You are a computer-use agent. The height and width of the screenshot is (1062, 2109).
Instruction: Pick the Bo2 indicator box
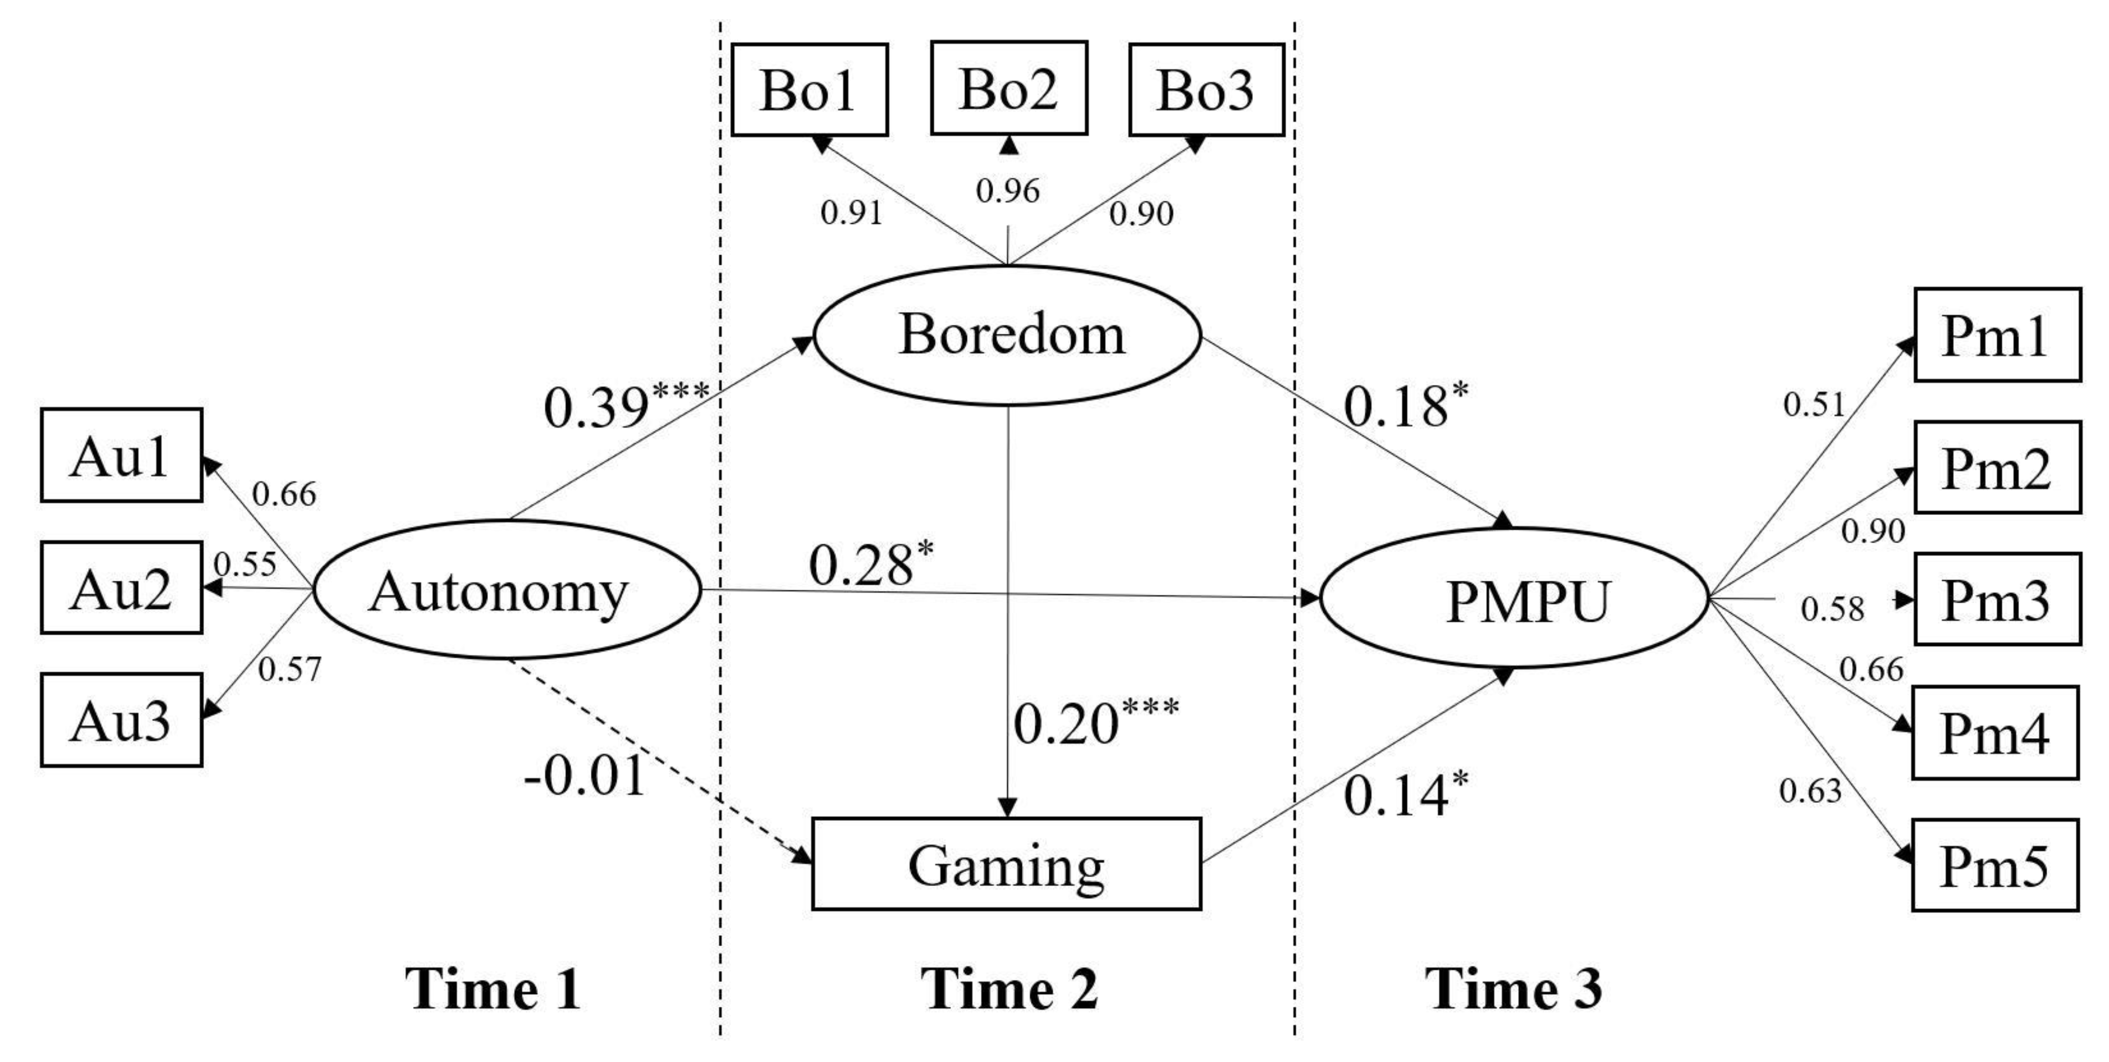pyautogui.click(x=1008, y=88)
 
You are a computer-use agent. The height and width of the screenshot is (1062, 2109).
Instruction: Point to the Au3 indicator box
pyautogui.click(x=121, y=721)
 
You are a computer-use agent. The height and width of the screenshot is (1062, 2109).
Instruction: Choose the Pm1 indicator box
pyautogui.click(x=1997, y=335)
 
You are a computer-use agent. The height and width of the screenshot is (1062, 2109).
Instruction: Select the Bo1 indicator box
pyautogui.click(x=809, y=89)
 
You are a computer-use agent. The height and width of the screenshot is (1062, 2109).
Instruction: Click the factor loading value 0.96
pyautogui.click(x=1008, y=191)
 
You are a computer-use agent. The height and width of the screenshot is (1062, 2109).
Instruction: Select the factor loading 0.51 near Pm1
pyautogui.click(x=1813, y=404)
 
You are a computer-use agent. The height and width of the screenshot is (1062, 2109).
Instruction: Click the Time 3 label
pyautogui.click(x=1514, y=988)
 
